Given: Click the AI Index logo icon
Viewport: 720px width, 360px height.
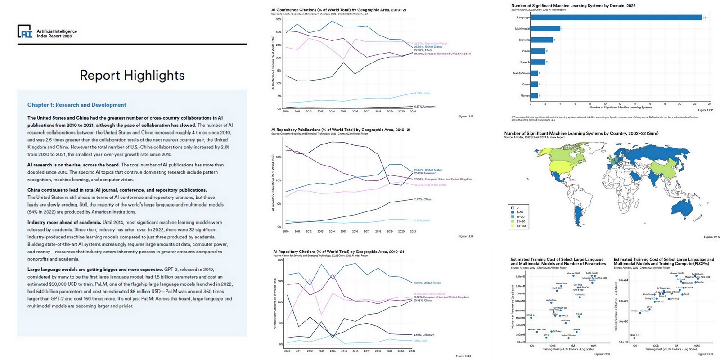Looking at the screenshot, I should pos(25,31).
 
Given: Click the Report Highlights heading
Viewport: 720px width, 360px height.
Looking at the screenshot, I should pos(132,75).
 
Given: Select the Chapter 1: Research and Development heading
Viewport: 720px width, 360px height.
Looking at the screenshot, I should pos(76,105).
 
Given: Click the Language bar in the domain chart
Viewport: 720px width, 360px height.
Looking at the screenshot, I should pos(616,18).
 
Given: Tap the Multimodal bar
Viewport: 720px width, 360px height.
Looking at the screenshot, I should pos(545,29).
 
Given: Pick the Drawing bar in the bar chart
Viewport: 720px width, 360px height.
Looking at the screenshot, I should pos(542,40).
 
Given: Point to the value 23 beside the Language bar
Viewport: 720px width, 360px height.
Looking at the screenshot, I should pos(704,18).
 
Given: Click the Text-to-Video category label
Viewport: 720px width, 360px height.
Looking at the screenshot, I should pos(521,73).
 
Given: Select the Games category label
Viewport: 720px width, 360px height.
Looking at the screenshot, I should pos(525,95).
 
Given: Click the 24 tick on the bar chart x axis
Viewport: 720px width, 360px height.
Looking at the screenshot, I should pos(710,103).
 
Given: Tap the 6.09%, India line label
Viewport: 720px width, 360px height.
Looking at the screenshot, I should pos(422,93).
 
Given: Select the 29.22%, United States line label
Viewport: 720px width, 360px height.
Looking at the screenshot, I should pos(427,283).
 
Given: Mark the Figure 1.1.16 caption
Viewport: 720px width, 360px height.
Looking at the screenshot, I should pos(465,117).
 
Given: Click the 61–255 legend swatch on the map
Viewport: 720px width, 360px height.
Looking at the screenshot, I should pos(513,226).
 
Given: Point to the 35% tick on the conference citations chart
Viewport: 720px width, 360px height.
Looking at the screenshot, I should pos(279,19).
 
